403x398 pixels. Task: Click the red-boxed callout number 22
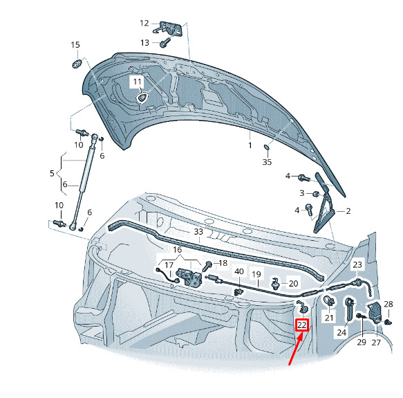[302, 325]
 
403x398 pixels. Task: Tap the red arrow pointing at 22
[297, 348]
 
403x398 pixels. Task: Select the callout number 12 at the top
[144, 23]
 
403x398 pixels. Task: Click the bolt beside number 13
[165, 43]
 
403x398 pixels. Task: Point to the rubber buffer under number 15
[77, 63]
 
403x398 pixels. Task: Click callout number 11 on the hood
[138, 82]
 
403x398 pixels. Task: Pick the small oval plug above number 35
[267, 147]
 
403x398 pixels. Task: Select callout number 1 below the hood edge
[250, 145]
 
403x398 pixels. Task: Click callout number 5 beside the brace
[52, 173]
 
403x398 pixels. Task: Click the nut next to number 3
[316, 194]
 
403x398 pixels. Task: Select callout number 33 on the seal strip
[198, 232]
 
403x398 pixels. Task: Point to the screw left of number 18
[207, 266]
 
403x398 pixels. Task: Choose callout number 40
[239, 271]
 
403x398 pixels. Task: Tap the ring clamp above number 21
[329, 301]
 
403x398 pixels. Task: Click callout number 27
[376, 343]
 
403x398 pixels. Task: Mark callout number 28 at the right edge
[388, 305]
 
